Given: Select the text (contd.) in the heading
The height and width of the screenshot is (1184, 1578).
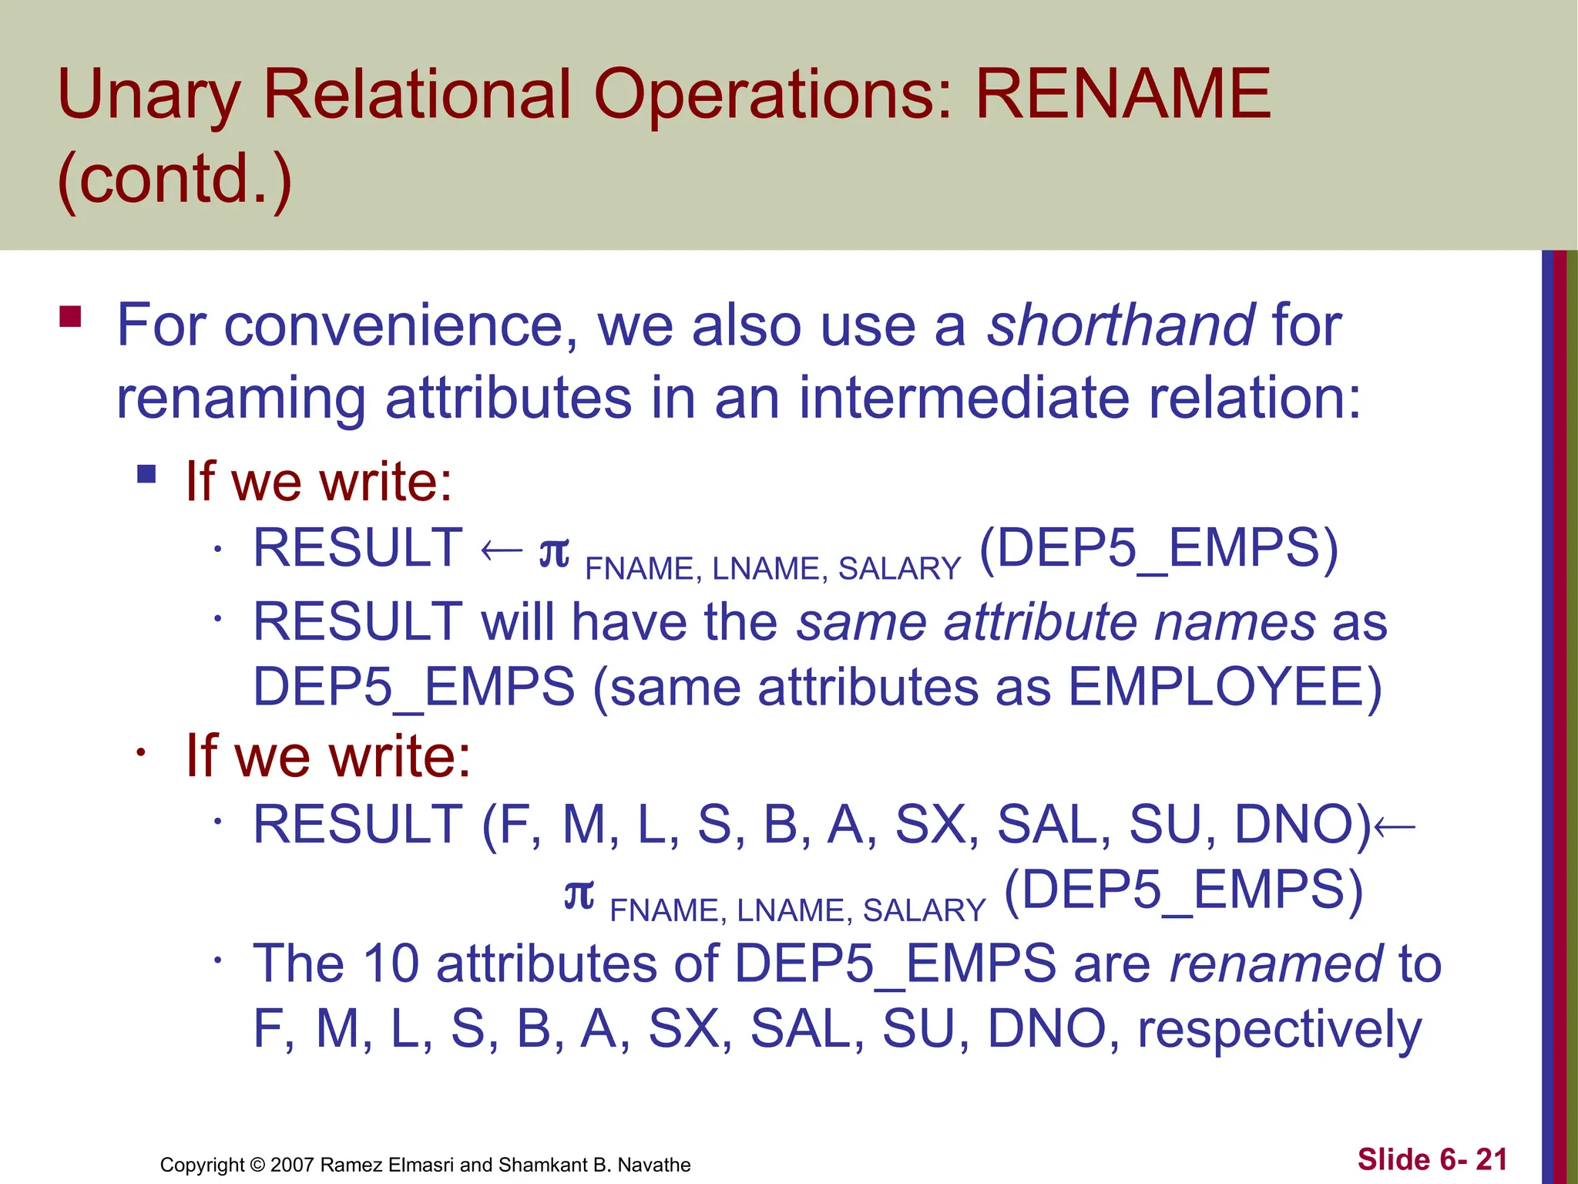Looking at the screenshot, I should coord(175,179).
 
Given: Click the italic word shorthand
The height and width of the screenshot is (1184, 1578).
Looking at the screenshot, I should coord(1121,325).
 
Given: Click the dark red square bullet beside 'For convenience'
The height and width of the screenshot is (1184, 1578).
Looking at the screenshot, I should coord(70,317).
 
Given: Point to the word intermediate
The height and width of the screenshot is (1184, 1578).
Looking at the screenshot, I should coord(964,399).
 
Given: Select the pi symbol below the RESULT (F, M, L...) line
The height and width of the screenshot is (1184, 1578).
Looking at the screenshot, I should coord(579,894).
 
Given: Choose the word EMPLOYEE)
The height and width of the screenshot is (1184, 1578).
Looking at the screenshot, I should coord(1226,687).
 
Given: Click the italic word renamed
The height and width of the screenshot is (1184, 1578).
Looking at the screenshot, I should coord(1276,964).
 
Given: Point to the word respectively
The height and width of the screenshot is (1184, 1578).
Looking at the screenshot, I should coord(1279,1030).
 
